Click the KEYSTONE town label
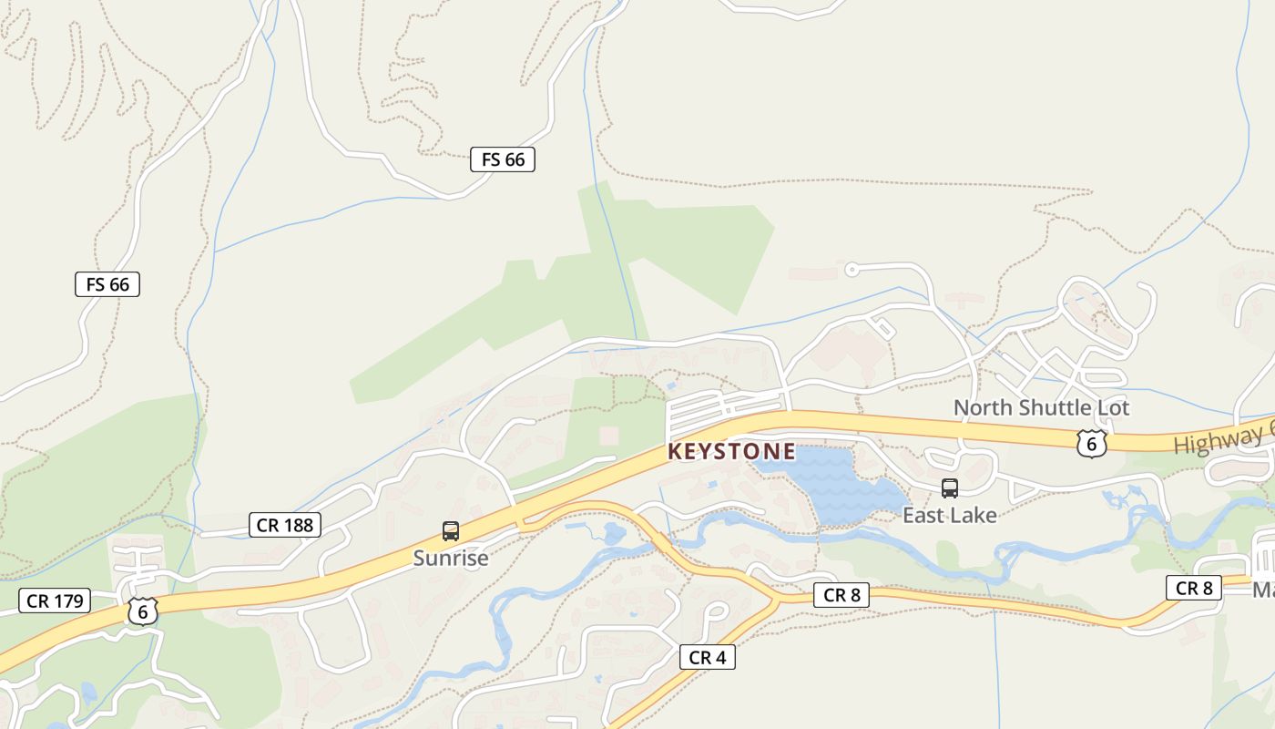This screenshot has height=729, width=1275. point(731,451)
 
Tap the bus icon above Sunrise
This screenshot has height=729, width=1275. point(450,531)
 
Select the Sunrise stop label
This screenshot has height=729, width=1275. point(451,558)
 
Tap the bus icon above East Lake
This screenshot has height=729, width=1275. point(950,488)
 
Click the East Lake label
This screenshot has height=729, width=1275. point(950,515)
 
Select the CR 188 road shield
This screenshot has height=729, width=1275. point(285,525)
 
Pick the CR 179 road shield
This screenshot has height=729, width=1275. point(55,601)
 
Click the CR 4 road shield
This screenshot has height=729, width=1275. point(707,657)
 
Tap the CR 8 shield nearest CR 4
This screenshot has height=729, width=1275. point(841,596)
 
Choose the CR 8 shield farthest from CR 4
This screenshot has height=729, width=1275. point(1193,588)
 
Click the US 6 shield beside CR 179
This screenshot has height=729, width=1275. point(142,611)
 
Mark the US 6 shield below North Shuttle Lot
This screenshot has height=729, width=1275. point(1090,444)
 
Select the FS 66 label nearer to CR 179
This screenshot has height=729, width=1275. point(107,284)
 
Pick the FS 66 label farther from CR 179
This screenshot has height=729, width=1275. point(503,159)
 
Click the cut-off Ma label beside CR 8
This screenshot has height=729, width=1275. point(1263,590)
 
